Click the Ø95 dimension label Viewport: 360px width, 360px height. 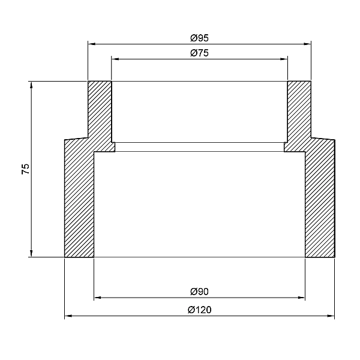199,38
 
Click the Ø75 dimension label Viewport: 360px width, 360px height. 199,53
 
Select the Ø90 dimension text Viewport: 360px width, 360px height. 199,292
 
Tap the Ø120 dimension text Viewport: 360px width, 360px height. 199,310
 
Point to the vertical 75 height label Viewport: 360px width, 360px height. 25,169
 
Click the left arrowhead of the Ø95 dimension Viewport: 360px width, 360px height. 91,43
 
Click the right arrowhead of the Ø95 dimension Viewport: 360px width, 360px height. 308,43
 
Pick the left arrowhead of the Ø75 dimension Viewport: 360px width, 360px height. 115,58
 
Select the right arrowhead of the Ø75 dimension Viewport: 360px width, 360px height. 284,58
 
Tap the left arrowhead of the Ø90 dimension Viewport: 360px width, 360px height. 97,297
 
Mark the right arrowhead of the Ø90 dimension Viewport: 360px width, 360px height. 302,297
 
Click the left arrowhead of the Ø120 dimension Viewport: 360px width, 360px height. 68,316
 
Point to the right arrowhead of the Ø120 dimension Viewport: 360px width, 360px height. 331,316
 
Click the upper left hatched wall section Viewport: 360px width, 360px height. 100,111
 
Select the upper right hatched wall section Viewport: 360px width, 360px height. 299,111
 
